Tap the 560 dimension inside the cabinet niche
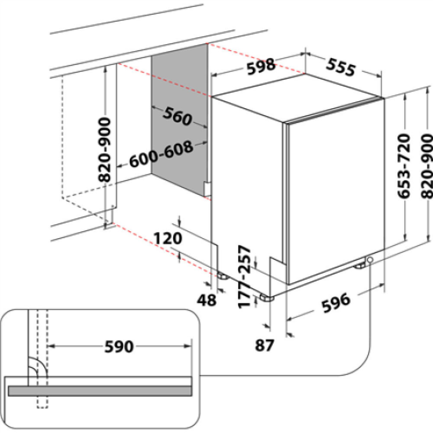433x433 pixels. tap(177, 116)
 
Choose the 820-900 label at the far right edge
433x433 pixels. tap(426, 165)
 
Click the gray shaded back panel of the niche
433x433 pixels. tap(180, 121)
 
